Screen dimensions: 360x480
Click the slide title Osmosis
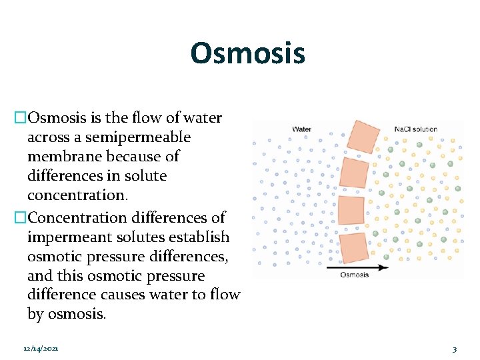tap(247, 53)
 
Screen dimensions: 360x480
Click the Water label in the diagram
tap(301, 129)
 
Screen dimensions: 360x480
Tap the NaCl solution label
tap(415, 129)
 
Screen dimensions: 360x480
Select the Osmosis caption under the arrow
tap(355, 274)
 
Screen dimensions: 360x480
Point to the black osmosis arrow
tap(357, 267)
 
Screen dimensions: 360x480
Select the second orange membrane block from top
tap(353, 173)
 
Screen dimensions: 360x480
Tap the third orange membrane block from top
tap(351, 211)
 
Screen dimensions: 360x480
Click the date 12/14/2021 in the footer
tap(40, 349)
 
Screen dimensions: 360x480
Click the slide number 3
tap(454, 349)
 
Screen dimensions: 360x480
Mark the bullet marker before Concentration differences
tap(20, 218)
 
